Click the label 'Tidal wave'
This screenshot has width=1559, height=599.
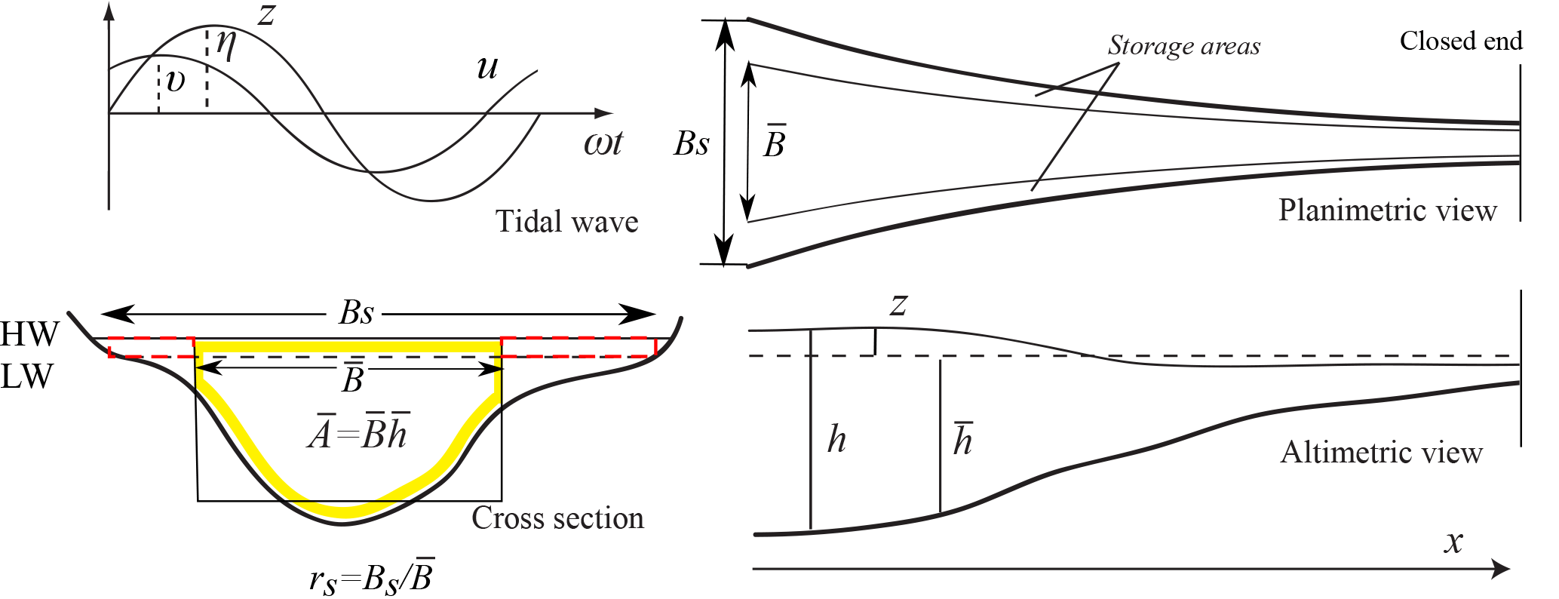pyautogui.click(x=566, y=222)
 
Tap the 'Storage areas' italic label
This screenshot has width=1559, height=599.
pyautogui.click(x=1183, y=46)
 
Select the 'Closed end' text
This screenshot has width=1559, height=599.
pyautogui.click(x=1460, y=41)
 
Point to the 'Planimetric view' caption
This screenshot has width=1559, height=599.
pyautogui.click(x=1387, y=210)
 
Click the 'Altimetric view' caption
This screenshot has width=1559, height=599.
pyautogui.click(x=1381, y=452)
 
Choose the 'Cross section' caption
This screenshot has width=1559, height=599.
pyautogui.click(x=557, y=518)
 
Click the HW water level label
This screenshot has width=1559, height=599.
pyautogui.click(x=29, y=333)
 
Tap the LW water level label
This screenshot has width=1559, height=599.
pyautogui.click(x=27, y=376)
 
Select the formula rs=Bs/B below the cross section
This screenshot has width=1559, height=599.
pyautogui.click(x=372, y=578)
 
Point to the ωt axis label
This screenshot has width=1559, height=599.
pyautogui.click(x=603, y=143)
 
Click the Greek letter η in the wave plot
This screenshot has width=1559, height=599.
pyautogui.click(x=226, y=45)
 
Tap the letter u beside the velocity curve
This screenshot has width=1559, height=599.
pyautogui.click(x=488, y=68)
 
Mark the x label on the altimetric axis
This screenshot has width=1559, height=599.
pyautogui.click(x=1453, y=542)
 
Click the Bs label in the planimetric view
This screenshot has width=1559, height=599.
pyautogui.click(x=691, y=143)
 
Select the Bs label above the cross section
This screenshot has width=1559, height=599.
pyautogui.click(x=357, y=312)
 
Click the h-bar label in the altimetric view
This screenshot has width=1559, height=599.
pyautogui.click(x=963, y=440)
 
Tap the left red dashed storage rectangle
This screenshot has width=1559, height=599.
pyautogui.click(x=152, y=347)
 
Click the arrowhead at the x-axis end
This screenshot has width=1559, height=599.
pyautogui.click(x=1502, y=569)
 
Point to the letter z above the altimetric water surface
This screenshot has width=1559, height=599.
pyautogui.click(x=898, y=305)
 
